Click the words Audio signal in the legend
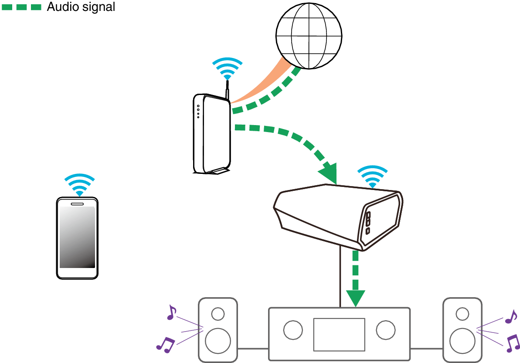[81, 7]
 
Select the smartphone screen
[77, 237]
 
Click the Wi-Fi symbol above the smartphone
[79, 185]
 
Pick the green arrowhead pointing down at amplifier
[356, 297]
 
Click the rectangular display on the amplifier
[339, 334]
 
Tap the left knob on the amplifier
[293, 330]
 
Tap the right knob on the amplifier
[386, 330]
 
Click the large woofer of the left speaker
[218, 341]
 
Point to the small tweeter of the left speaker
[218, 314]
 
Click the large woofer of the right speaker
[462, 341]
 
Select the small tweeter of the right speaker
[462, 314]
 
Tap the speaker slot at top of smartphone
[77, 204]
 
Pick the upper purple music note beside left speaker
[171, 312]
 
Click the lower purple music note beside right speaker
[512, 343]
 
